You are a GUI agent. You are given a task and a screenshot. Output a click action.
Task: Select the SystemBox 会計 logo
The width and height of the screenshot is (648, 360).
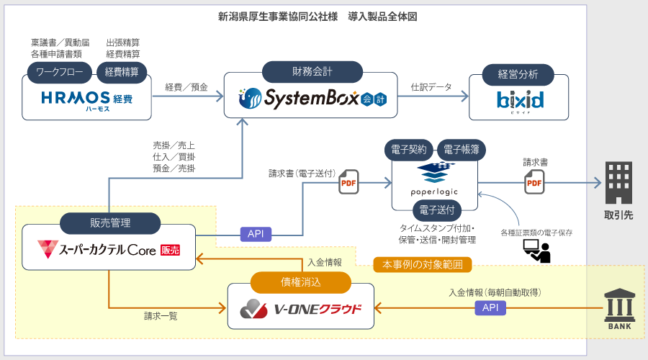point(311,97)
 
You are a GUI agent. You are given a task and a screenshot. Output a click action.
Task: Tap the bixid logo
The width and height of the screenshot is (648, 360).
point(520,99)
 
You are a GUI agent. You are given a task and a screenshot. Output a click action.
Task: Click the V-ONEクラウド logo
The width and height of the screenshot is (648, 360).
point(301,310)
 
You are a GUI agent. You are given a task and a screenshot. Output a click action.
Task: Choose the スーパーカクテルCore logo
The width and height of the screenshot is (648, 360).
point(109,251)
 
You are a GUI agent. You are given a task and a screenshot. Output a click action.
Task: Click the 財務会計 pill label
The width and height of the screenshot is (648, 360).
point(312,71)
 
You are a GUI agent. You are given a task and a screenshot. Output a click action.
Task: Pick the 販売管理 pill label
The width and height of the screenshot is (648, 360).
point(109,223)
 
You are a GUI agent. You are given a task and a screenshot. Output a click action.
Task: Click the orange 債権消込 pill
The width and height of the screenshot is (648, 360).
point(300,282)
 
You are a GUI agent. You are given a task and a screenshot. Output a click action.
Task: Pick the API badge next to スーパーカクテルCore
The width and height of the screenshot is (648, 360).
point(256,234)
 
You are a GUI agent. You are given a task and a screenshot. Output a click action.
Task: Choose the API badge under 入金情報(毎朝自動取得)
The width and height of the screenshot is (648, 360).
point(490,307)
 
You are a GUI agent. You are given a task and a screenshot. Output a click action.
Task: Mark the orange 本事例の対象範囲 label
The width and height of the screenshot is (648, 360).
point(423,264)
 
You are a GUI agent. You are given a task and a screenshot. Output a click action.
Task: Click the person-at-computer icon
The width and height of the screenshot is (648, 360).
point(536,250)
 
